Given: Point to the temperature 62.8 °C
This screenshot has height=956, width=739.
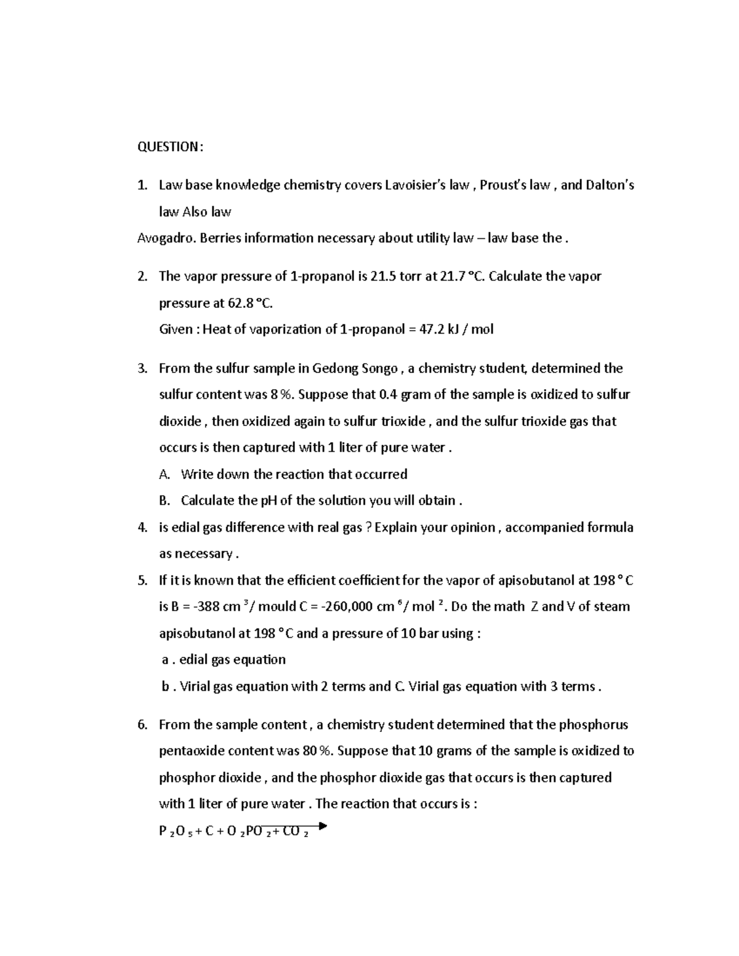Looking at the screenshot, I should point(246,303).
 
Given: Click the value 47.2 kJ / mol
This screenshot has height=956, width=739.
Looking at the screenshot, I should point(456,329).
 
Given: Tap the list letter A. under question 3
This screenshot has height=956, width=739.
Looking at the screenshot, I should point(164,474).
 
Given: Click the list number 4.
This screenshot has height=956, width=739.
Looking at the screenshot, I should point(142,528).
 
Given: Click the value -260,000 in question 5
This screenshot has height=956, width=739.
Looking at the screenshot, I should point(351,607).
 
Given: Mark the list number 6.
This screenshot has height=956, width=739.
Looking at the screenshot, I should point(142,725).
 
